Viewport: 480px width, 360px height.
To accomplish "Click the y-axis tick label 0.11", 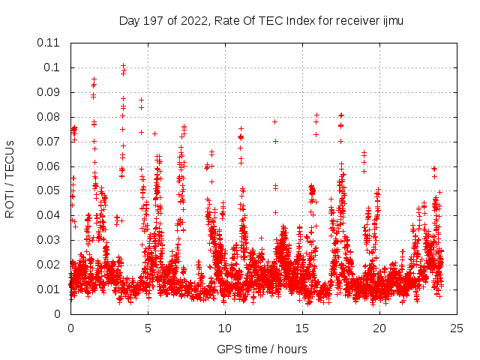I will pos(49,43).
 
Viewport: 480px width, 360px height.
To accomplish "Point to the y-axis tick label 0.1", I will pos(52,67).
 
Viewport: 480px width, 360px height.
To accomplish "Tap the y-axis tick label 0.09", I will pos(49,92).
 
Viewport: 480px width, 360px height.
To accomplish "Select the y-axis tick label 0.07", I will pos(49,141).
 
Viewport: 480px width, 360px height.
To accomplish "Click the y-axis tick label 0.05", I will pos(49,190).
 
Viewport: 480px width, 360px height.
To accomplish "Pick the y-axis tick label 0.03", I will pos(49,240).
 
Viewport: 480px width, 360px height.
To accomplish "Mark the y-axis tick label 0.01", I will pos(49,289).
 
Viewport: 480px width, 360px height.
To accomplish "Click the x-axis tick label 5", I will pos(148,328).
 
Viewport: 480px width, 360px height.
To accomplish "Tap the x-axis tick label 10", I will pos(225,328).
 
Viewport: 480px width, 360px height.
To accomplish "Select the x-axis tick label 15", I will pos(302,328).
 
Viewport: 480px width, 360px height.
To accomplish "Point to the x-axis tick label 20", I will pos(379,328).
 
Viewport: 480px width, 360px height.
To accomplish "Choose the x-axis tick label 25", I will pos(457,328).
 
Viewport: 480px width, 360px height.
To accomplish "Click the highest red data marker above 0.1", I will pos(123,65).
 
